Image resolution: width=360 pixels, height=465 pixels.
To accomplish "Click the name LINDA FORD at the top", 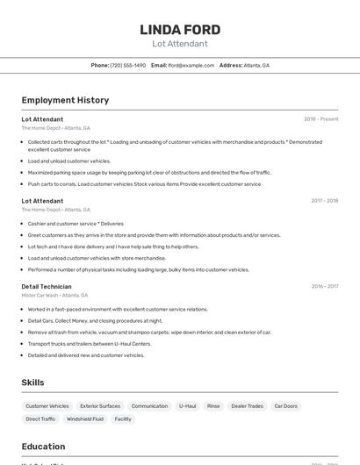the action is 180,30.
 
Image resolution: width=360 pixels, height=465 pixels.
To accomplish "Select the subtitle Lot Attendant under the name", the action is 180,44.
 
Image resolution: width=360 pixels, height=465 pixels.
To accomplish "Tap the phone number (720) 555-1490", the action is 128,65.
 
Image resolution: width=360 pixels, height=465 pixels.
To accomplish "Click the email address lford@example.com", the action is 191,65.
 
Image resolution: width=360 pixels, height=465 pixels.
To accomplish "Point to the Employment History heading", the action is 65,100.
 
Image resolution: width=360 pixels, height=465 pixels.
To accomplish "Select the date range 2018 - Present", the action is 320,119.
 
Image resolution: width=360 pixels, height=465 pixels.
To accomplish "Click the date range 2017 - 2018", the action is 324,201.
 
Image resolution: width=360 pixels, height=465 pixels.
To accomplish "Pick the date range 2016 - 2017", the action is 324,286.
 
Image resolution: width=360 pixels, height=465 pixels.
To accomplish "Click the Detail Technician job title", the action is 47,286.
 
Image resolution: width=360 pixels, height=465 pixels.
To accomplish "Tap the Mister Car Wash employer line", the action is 54,295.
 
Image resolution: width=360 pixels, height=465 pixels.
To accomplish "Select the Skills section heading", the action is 32,383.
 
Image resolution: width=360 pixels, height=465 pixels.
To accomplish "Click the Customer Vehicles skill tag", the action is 47,406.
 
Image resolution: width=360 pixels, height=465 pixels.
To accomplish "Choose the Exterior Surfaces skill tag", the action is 100,406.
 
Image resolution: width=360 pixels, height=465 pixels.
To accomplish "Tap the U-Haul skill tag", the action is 188,406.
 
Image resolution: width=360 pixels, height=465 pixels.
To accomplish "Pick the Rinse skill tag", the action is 213,406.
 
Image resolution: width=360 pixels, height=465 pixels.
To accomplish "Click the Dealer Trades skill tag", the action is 247,406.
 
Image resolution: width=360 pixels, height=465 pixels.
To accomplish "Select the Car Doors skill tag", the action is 285,406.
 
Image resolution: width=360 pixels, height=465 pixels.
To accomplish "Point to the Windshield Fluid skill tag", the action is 85,419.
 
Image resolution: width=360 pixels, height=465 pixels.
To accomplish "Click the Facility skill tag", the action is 123,419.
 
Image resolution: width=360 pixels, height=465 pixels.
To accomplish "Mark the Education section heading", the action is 43,447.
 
